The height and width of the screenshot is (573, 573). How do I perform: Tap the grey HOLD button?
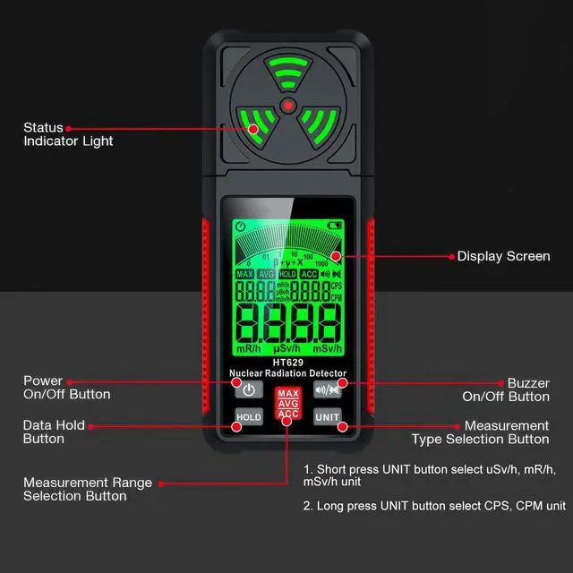[x=249, y=417]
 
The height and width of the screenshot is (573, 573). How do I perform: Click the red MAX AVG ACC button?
[x=287, y=404]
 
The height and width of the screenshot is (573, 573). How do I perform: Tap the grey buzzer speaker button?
[x=327, y=390]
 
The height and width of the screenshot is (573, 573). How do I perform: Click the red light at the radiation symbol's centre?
[x=287, y=106]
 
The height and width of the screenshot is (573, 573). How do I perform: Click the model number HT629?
[x=287, y=363]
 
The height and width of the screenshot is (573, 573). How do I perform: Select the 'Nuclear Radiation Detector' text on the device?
[x=287, y=373]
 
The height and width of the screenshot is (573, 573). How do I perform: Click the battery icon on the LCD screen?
[x=336, y=225]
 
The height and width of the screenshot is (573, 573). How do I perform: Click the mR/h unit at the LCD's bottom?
[x=247, y=348]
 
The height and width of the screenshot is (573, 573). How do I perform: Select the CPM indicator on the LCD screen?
[x=337, y=297]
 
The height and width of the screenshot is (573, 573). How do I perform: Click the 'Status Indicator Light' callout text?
[x=68, y=134]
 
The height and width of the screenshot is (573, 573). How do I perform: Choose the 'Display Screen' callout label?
[x=503, y=256]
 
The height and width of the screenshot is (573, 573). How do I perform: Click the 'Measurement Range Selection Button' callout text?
[x=88, y=489]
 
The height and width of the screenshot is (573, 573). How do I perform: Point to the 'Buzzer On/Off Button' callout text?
[x=506, y=389]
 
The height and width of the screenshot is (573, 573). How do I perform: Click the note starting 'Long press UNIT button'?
[x=434, y=506]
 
